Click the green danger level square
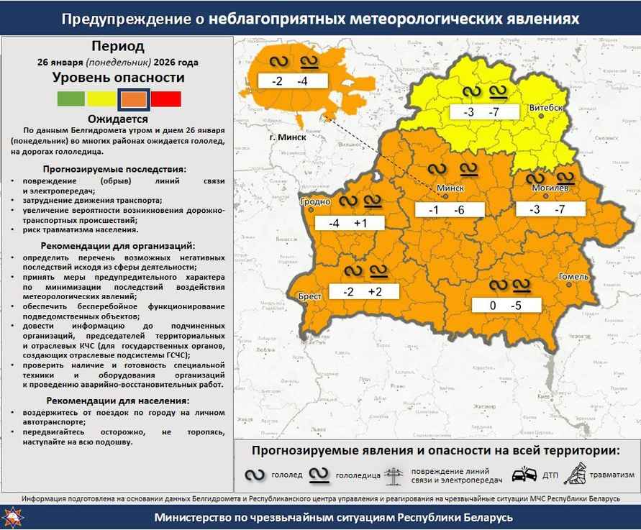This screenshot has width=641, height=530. click(71, 99)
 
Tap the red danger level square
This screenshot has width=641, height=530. click(166, 99)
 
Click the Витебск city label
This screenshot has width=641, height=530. click(545, 108)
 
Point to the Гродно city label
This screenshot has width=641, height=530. click(314, 203)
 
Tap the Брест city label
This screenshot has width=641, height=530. click(309, 296)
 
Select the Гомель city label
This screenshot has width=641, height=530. click(573, 276)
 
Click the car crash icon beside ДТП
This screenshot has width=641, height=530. click(524, 475)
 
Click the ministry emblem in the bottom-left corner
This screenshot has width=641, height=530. click(13, 517)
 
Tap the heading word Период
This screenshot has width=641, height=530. click(118, 47)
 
